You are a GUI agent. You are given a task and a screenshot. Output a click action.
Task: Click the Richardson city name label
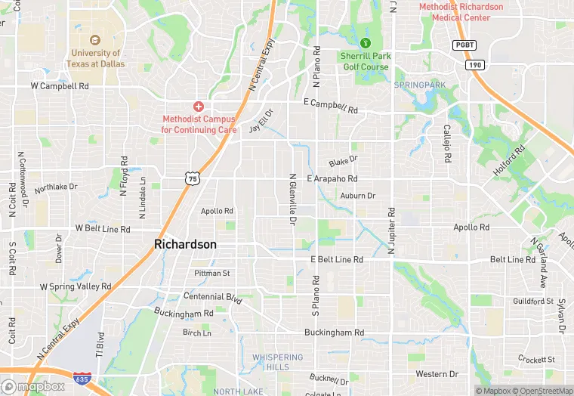185,244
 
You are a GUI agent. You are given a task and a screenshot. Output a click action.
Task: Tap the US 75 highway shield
193,178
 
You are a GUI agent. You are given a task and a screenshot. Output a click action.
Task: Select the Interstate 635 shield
82,378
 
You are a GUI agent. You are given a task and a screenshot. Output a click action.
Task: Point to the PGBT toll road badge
464,45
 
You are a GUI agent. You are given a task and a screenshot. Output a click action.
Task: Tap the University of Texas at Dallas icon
95,40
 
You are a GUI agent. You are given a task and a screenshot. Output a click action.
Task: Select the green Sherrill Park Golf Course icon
366,43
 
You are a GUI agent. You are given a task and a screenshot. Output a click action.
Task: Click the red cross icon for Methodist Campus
199,107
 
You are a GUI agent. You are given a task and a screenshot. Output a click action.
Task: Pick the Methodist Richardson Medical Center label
461,12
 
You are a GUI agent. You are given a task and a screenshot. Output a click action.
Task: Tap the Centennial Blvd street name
212,296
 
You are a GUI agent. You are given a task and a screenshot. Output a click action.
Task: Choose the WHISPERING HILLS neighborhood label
277,362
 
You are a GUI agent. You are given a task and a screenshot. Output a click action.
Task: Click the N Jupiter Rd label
392,229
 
